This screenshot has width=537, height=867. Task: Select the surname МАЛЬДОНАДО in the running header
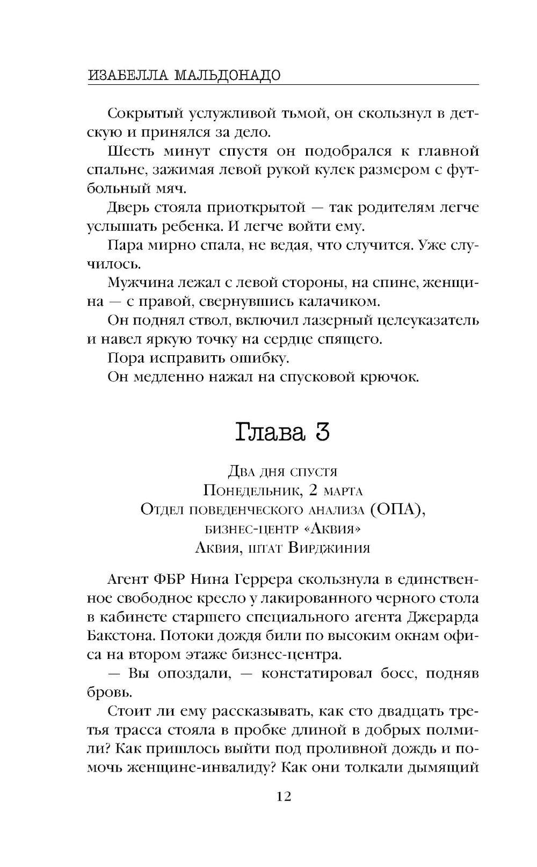[227, 75]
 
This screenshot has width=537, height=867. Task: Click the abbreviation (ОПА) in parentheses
[396, 509]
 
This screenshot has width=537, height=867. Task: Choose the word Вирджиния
[329, 548]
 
